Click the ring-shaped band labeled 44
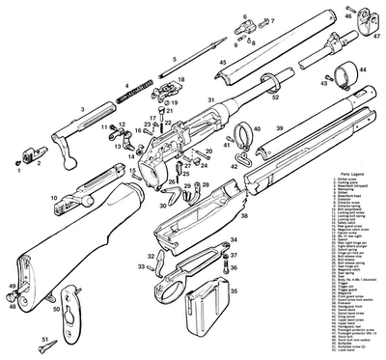343,76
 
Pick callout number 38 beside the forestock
244,217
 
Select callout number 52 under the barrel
275,98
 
